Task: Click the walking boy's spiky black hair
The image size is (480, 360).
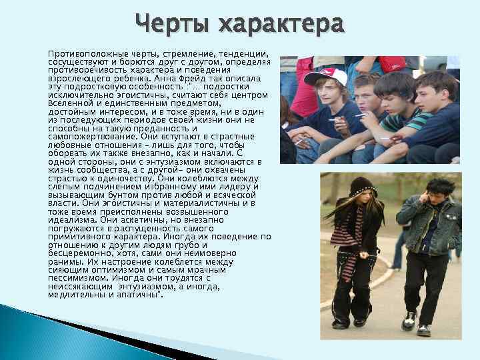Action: pyautogui.click(x=441, y=186)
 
